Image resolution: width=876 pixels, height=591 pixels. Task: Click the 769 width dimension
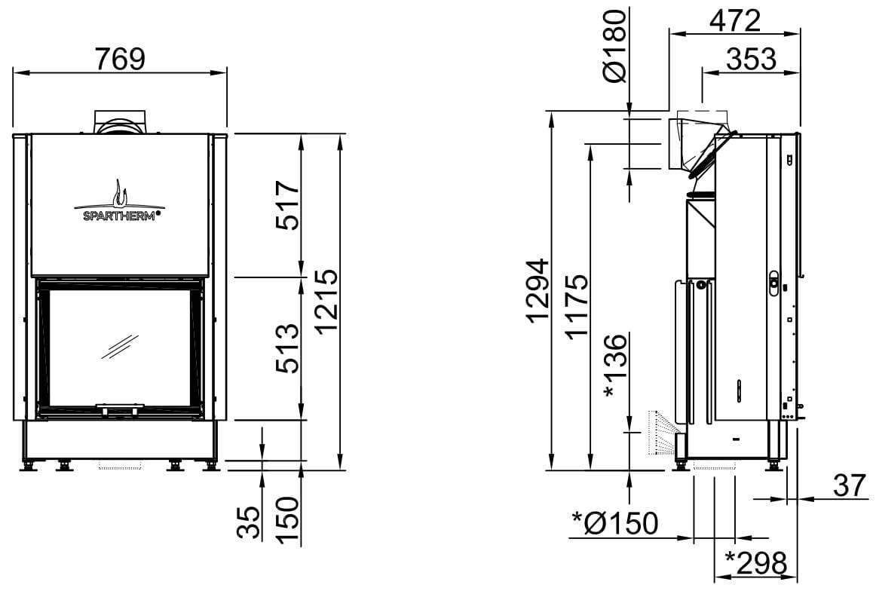point(120,59)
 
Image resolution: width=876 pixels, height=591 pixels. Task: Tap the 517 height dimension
point(288,205)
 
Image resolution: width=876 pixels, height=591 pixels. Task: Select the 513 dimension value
point(288,348)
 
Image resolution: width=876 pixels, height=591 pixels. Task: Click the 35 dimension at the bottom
point(250,522)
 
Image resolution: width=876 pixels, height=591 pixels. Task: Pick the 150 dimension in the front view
point(288,521)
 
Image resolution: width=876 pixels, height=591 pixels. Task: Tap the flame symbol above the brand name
point(120,193)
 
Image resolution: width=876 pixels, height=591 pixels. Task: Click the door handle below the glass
point(120,409)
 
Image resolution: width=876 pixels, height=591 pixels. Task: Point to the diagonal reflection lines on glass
point(120,346)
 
